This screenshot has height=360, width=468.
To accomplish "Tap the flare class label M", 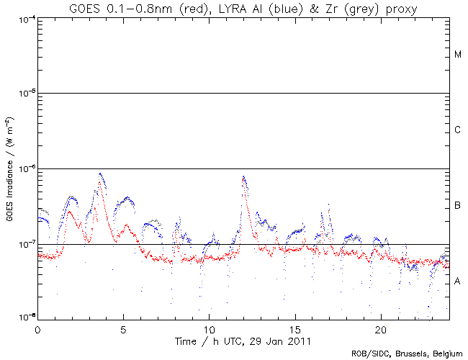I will click(x=458, y=55).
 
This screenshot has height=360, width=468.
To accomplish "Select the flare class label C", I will click(x=458, y=130).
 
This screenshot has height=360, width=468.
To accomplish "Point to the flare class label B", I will click(x=458, y=206).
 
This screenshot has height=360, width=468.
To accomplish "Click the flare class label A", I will click(x=458, y=282).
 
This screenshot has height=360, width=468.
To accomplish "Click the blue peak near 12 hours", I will click(x=244, y=176).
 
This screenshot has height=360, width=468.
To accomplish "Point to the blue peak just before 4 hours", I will click(x=100, y=173).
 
